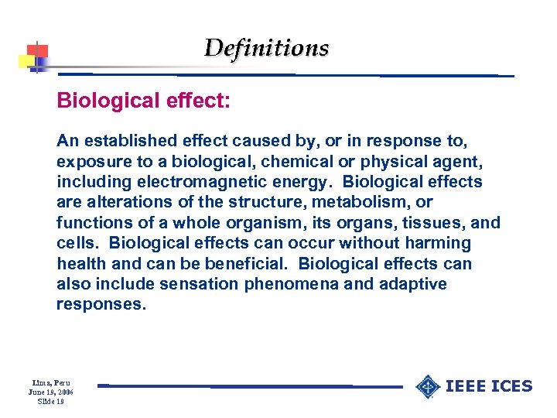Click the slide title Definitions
[x=266, y=48]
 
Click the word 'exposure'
[x=89, y=162]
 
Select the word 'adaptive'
[x=412, y=284]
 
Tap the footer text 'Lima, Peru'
[x=50, y=382]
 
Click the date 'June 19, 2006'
[x=50, y=392]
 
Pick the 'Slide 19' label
[x=50, y=401]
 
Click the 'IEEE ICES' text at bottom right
[x=490, y=386]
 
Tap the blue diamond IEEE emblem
[x=427, y=386]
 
